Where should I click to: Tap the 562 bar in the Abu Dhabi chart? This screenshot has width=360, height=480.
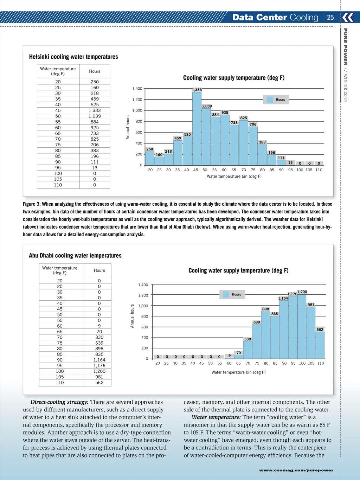coord(320,345)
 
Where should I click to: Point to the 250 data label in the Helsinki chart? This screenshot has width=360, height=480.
coord(150,149)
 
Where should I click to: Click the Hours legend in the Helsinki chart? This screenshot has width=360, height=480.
coord(276,100)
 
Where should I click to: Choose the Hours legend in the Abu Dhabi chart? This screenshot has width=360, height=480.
coord(232,294)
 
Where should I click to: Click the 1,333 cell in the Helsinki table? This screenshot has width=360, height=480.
coord(95,110)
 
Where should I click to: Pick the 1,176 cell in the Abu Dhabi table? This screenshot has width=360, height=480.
coord(99,366)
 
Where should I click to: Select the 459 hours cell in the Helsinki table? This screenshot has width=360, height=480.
coord(95,99)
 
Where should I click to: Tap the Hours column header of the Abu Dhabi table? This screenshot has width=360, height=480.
coord(99,270)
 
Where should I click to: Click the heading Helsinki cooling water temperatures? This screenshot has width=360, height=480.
coord(73,57)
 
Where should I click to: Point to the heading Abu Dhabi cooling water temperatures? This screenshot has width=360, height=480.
coord(75,256)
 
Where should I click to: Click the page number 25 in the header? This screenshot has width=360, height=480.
coord(330,17)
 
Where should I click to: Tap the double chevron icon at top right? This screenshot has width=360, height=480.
coord(348,17)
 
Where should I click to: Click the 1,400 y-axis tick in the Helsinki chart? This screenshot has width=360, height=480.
coord(137,89)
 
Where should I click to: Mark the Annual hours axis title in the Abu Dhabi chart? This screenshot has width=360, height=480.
coord(133,316)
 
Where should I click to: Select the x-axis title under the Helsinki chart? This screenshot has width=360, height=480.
coord(234,177)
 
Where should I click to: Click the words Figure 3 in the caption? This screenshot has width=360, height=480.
coord(32,204)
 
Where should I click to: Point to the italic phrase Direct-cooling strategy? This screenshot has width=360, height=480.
coord(59,402)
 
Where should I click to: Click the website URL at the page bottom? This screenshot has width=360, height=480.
coord(296,470)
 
